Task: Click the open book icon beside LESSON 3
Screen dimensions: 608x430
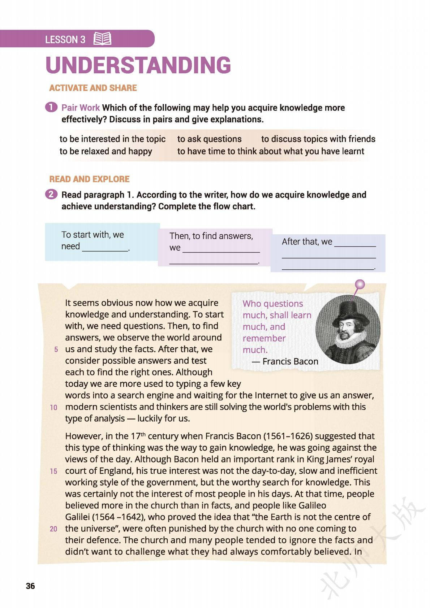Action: (102, 39)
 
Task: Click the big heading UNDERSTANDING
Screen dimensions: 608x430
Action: (138, 65)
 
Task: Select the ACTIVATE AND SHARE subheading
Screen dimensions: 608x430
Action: (93, 88)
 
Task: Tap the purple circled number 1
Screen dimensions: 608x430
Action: (51, 107)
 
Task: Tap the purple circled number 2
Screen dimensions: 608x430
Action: (51, 194)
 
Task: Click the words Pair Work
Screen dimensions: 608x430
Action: (80, 108)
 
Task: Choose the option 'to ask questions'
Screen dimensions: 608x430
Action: (209, 139)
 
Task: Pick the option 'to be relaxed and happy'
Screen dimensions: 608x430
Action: (106, 151)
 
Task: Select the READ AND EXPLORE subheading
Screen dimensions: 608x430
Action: (89, 179)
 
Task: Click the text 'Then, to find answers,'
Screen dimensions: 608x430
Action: (211, 236)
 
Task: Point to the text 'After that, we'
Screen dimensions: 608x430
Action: (307, 242)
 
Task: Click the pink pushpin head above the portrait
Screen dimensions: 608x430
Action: (360, 285)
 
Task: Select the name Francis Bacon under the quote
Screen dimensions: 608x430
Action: (290, 361)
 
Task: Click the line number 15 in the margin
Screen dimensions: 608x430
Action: (53, 471)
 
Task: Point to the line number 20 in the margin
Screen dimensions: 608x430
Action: (53, 529)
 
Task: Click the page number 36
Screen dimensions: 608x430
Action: (30, 586)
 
